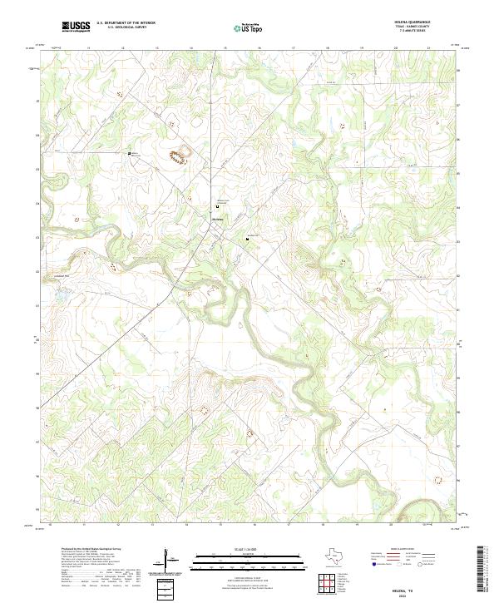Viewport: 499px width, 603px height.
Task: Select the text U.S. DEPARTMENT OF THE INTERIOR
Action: click(x=126, y=24)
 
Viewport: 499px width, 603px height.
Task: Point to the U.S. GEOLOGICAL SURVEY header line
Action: click(x=126, y=28)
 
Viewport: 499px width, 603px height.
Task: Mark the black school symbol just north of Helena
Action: click(x=218, y=207)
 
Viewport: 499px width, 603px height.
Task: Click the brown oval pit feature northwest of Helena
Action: click(x=177, y=155)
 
